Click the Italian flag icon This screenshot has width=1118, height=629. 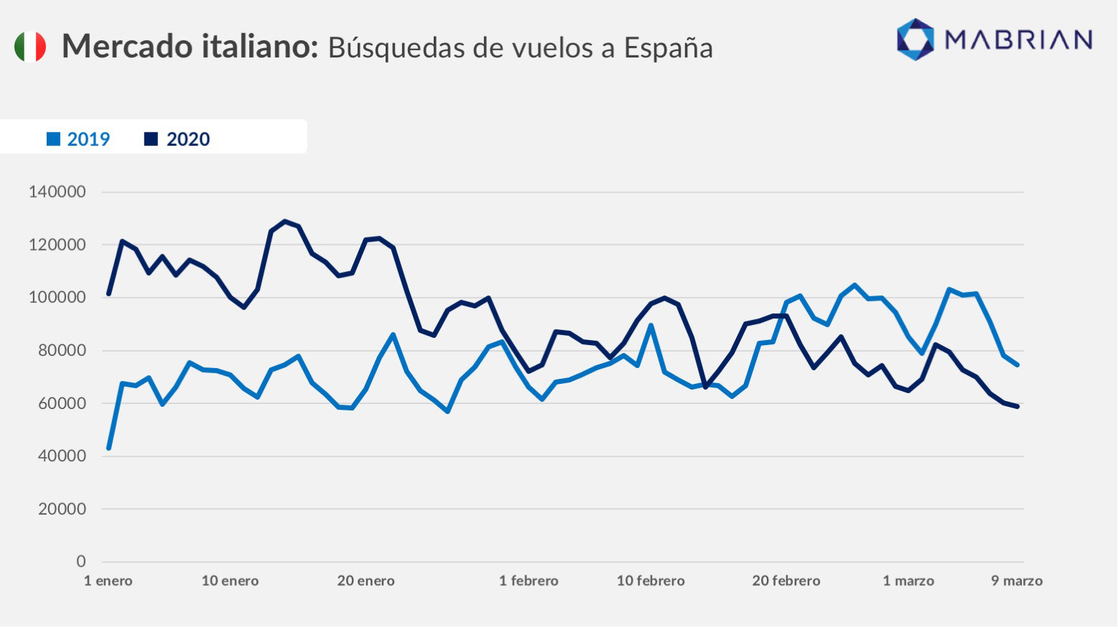[x=30, y=47]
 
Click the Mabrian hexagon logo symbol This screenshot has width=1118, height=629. [x=916, y=39]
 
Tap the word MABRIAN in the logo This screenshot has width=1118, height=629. [x=1018, y=40]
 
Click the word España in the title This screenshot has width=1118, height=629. [x=668, y=47]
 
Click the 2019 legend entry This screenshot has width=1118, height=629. [x=78, y=139]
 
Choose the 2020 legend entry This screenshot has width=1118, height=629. [x=177, y=139]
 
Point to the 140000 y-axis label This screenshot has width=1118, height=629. [x=57, y=192]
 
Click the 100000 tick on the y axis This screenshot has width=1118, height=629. [x=57, y=297]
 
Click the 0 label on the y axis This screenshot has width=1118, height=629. [x=81, y=561]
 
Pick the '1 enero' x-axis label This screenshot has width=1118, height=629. [x=108, y=581]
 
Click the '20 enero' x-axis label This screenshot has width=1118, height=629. [x=366, y=581]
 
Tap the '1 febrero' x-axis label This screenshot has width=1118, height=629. [x=528, y=581]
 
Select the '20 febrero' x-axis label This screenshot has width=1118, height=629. [x=786, y=581]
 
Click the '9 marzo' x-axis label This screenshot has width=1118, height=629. [x=1017, y=581]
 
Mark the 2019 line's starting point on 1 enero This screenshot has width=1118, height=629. [x=108, y=448]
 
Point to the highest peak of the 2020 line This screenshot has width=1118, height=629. [x=284, y=221]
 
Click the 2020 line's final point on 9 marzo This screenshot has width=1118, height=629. [x=1017, y=406]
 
